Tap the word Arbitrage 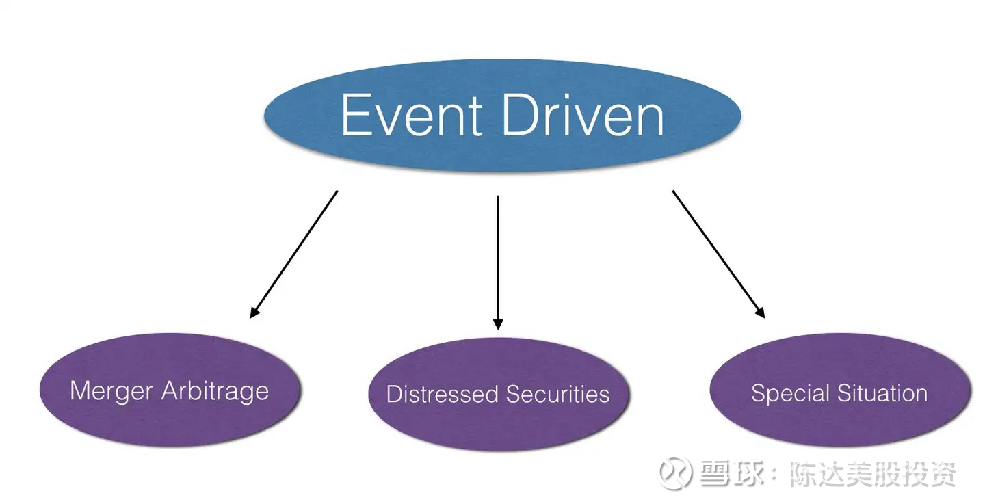[215, 392]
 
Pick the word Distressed [443, 394]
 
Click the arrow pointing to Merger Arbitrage [294, 253]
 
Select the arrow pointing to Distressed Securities [498, 260]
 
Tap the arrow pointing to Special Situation [718, 253]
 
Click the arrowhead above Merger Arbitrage [254, 312]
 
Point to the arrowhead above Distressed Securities [498, 323]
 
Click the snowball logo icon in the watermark [675, 473]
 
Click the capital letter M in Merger [79, 391]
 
